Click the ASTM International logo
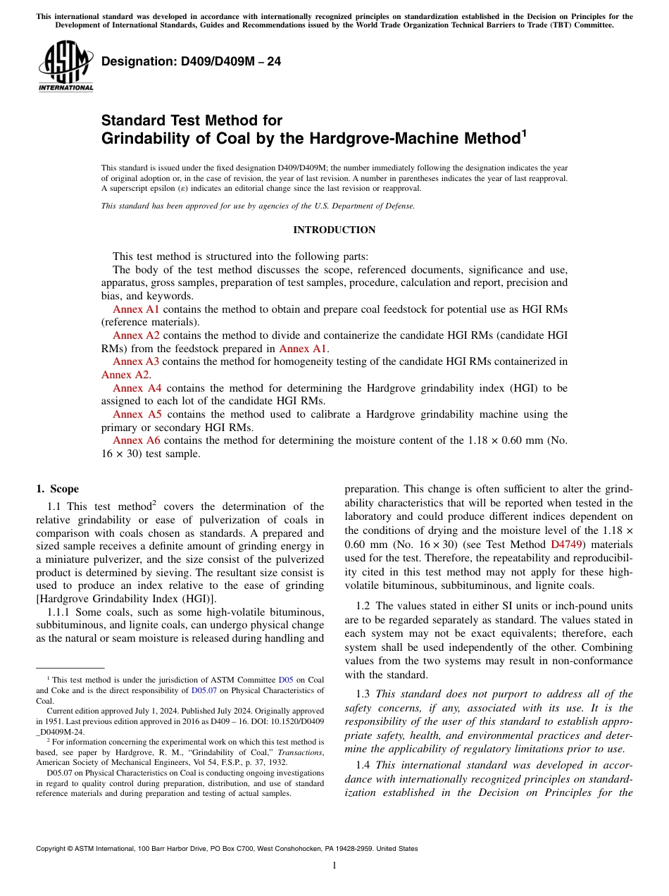pos(65,66)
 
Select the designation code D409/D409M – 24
pos(191,62)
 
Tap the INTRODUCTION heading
pos(334,230)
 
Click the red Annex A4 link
pos(137,388)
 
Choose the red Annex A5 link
pos(137,414)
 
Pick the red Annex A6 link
pos(137,440)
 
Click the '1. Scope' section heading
pos(58,489)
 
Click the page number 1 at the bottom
pos(334,866)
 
